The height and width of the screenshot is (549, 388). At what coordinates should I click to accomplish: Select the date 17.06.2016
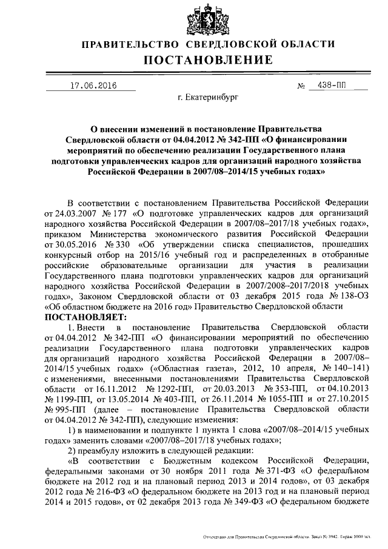(x=93, y=86)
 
